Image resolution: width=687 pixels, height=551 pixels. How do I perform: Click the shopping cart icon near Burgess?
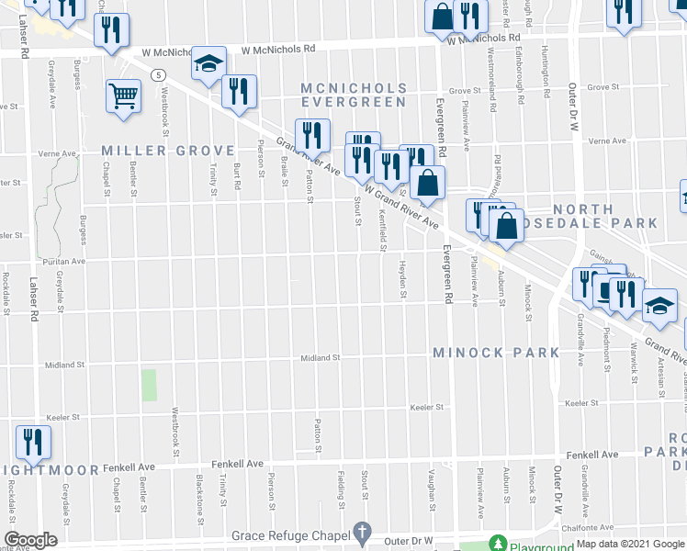[123, 94]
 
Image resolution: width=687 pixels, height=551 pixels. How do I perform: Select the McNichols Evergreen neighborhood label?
[353, 94]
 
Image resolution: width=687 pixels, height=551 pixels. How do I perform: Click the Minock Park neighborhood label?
[496, 353]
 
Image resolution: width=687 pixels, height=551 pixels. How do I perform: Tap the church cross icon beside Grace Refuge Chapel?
[363, 532]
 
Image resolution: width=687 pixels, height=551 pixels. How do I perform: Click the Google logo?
[30, 540]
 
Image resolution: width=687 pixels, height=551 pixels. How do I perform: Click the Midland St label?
[322, 358]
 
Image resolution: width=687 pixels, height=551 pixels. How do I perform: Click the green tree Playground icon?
[497, 543]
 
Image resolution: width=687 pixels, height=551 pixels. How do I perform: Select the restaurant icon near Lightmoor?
[33, 442]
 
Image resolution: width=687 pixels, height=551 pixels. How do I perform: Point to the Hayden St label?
[402, 281]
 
